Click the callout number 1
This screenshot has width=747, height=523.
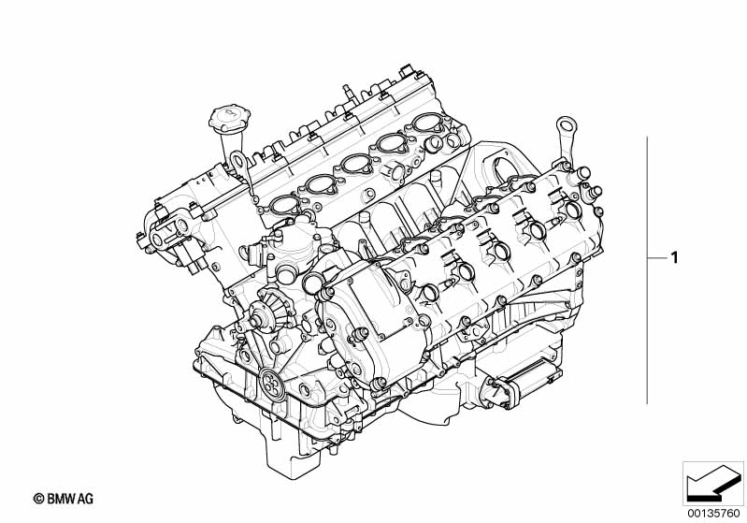(x=674, y=258)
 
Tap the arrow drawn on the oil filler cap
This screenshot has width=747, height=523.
(x=230, y=113)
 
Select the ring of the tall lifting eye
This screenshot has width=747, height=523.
(x=566, y=125)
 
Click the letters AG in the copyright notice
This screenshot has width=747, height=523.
(x=86, y=499)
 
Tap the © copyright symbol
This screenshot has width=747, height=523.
(x=39, y=500)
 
